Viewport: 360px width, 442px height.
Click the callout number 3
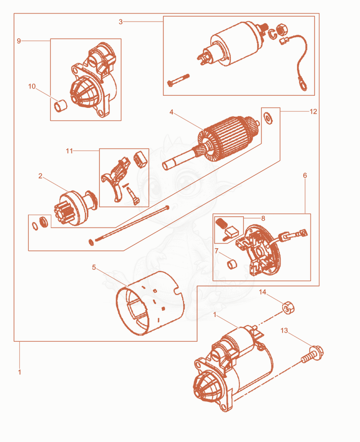[121, 22]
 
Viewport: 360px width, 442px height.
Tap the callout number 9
[19, 41]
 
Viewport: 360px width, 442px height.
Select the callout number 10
[32, 86]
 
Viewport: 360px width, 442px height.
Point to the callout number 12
[313, 112]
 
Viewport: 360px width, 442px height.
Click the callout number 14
[262, 292]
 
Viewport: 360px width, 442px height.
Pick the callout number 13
[284, 330]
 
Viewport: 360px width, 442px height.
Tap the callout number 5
[94, 267]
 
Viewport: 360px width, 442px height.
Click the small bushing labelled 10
[61, 106]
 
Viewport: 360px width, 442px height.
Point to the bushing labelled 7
[232, 264]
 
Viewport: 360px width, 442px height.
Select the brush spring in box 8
[221, 223]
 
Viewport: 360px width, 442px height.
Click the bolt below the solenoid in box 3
[178, 80]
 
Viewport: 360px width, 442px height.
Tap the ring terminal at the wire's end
[302, 85]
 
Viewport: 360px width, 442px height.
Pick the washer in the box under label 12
[267, 117]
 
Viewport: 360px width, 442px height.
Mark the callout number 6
[305, 175]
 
